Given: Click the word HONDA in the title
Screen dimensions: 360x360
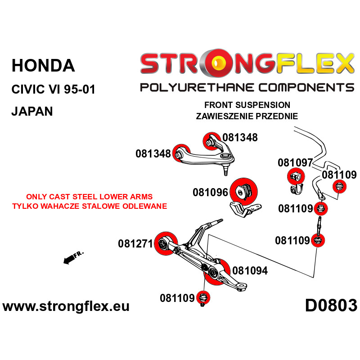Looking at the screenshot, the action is [43, 66].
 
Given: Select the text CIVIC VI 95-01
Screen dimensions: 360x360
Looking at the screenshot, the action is [53, 89].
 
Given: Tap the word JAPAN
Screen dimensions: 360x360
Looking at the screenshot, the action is [32, 111].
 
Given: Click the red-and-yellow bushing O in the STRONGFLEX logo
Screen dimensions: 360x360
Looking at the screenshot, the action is [219, 63].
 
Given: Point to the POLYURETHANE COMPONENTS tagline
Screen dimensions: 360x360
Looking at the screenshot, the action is [247, 87].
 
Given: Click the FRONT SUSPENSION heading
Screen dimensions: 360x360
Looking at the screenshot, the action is [247, 105].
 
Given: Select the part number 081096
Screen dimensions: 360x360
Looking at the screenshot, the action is [210, 193].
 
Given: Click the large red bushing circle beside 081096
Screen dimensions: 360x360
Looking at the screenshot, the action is [244, 192].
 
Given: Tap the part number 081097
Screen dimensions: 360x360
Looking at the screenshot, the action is [295, 162].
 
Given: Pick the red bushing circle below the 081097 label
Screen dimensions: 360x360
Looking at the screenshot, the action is [296, 176].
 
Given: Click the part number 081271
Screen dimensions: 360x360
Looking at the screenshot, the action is [135, 243].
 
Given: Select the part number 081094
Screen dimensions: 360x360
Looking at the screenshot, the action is [250, 270].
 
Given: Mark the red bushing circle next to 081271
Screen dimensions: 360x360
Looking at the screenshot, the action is [166, 243].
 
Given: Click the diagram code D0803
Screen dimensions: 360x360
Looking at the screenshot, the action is [331, 306].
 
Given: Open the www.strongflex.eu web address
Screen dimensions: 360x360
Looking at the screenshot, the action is [66, 306].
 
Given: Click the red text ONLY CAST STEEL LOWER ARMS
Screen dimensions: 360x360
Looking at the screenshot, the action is [89, 197].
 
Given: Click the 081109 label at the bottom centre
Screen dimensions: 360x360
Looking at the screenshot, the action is [177, 298].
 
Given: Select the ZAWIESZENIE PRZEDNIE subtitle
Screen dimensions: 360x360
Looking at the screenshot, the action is [247, 116].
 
